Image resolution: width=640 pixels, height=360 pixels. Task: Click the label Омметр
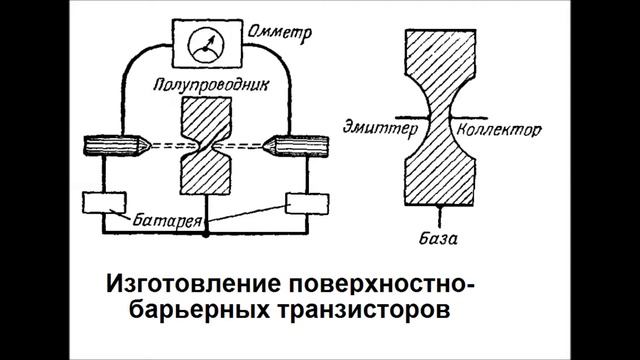pyautogui.click(x=277, y=34)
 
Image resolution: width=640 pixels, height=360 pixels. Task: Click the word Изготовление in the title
pyautogui.click(x=191, y=281)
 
